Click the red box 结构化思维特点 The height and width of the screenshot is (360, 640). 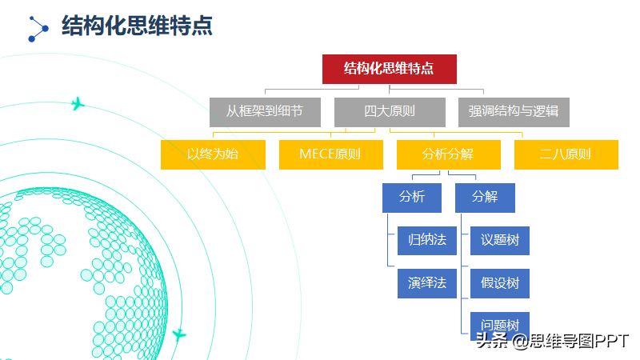coord(390,69)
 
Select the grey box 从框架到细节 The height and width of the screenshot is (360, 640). coord(265,112)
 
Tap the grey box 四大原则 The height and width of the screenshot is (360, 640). coord(390,112)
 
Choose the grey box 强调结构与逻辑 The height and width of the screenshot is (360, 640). coord(514,112)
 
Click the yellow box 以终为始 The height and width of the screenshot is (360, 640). coord(213,154)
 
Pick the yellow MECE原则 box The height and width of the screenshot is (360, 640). coord(331,154)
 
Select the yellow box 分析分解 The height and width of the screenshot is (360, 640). coord(449,154)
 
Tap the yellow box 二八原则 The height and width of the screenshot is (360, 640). coord(566,154)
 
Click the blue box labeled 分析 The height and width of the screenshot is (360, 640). coord(412,198)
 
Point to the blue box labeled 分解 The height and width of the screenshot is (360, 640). coord(485,198)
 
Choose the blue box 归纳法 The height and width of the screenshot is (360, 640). coord(427,241)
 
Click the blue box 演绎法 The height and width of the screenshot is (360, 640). coord(427,284)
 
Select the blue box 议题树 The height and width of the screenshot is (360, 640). coord(500,241)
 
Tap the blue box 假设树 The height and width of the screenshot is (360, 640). coord(500,284)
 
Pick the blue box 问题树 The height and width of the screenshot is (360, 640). coord(500,323)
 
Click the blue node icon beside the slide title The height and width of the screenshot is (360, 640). coord(38,29)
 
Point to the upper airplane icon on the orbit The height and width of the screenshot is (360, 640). coord(78,104)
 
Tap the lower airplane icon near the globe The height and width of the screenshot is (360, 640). coord(178,335)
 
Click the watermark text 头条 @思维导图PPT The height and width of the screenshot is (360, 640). coord(552,341)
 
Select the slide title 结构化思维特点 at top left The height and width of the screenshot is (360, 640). coord(137,26)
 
